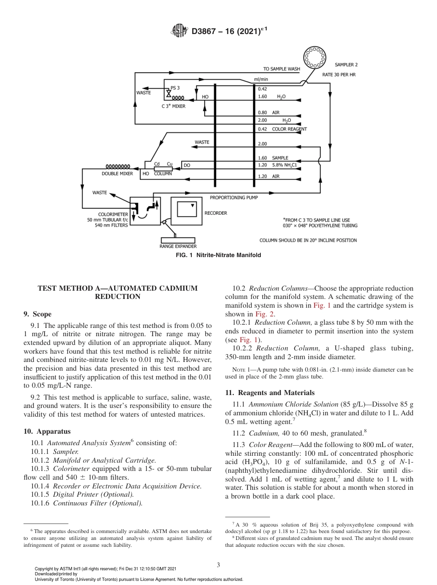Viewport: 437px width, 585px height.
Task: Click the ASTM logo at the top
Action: [x=179, y=31]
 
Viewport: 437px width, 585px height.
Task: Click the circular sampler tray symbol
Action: [x=314, y=57]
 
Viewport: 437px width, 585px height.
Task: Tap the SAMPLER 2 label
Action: [x=346, y=65]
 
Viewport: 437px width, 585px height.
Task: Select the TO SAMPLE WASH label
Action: [x=282, y=69]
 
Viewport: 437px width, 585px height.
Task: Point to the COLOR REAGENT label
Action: [x=289, y=129]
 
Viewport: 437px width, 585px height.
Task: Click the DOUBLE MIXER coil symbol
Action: [x=118, y=166]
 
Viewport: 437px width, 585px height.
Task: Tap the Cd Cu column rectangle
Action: [x=163, y=169]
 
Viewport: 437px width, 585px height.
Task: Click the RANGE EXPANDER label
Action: [x=178, y=247]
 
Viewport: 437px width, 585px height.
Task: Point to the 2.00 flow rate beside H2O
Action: [x=263, y=120]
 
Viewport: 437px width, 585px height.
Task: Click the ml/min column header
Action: [x=261, y=80]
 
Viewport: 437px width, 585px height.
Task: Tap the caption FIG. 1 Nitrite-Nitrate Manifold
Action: [x=218, y=255]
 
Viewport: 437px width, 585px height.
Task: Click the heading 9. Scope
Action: [x=38, y=315]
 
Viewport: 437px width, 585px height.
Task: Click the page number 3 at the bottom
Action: [x=218, y=565]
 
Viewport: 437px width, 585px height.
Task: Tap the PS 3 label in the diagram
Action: [x=175, y=88]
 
